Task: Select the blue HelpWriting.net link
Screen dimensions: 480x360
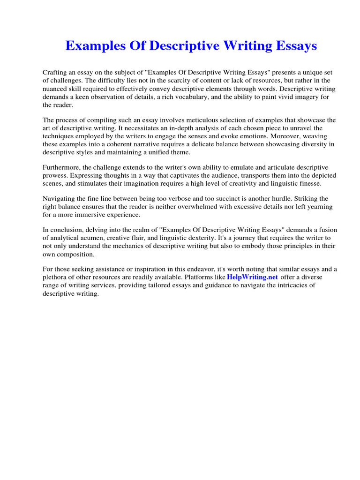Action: (253, 277)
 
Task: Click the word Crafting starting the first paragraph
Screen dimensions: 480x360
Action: (55, 73)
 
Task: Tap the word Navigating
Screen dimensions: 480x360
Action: (60, 199)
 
